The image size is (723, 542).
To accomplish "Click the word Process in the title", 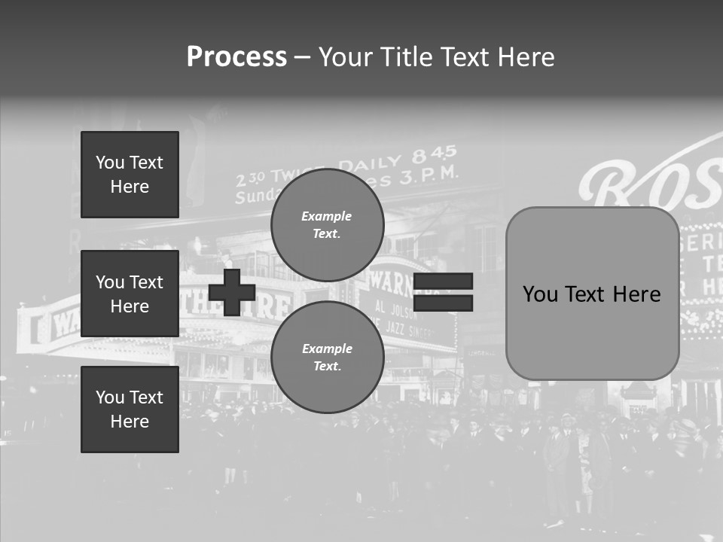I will tap(236, 57).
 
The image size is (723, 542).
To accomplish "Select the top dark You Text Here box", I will tap(130, 175).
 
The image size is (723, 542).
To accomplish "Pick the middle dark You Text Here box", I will tap(130, 294).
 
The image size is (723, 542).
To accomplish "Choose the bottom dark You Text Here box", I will tap(130, 410).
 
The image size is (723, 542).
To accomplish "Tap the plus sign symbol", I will tap(231, 292).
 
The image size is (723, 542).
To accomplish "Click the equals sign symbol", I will tap(443, 292).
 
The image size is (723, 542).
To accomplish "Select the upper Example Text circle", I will tap(327, 225).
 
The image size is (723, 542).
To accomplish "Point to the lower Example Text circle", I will tap(327, 358).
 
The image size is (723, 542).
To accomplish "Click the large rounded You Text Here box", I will tap(592, 294).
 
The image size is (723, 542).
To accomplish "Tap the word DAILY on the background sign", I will tap(371, 163).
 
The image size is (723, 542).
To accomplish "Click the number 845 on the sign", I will tap(435, 154).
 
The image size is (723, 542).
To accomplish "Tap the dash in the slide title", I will tap(302, 57).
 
